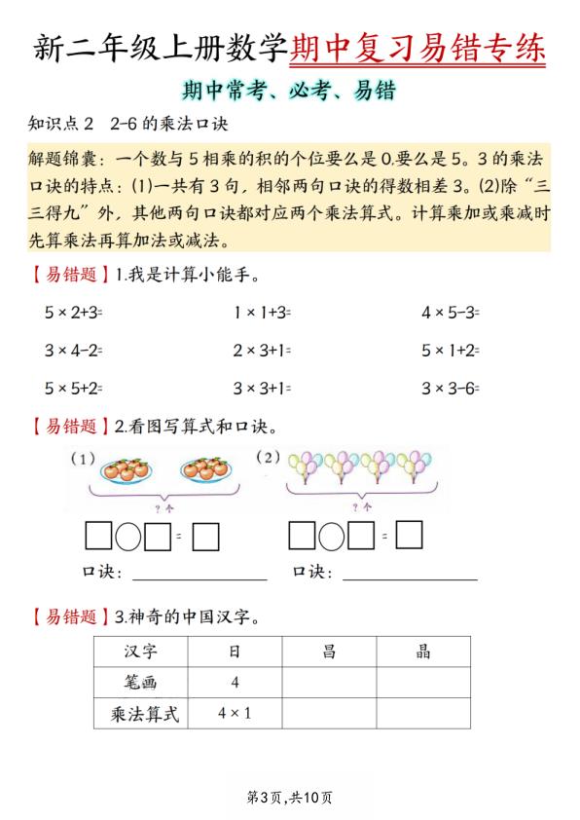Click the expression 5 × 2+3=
point(74,314)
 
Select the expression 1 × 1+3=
point(262,314)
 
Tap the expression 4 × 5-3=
point(451,314)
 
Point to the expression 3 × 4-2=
point(74,351)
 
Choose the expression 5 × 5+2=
point(74,388)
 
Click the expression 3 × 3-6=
point(451,388)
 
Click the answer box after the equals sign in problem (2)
point(410,536)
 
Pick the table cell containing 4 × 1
point(235,714)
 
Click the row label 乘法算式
point(141,714)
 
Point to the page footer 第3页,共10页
point(290,798)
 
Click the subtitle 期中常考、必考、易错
point(290,92)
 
